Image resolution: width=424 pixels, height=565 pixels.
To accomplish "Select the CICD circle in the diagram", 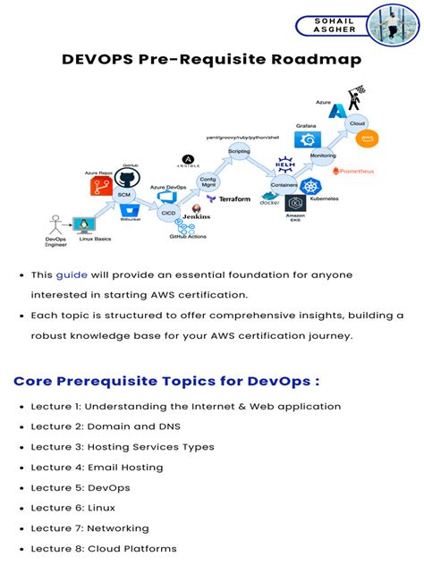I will click(x=168, y=213).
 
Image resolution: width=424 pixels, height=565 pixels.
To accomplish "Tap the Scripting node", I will click(x=240, y=153).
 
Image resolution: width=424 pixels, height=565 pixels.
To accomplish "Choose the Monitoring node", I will click(x=322, y=156).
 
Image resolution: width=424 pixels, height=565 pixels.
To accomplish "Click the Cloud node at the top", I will click(x=357, y=122).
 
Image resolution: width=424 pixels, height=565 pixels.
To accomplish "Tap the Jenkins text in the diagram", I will click(x=196, y=216).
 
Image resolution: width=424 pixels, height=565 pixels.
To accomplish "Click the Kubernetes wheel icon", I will click(x=310, y=186).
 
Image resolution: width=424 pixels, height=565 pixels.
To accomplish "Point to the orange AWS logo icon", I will click(x=364, y=139).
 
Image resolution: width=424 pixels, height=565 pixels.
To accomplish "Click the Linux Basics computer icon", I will click(x=85, y=225).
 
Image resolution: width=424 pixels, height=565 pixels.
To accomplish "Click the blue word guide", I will click(x=72, y=274).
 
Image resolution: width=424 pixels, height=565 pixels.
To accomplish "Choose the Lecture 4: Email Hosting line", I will click(x=97, y=467).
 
